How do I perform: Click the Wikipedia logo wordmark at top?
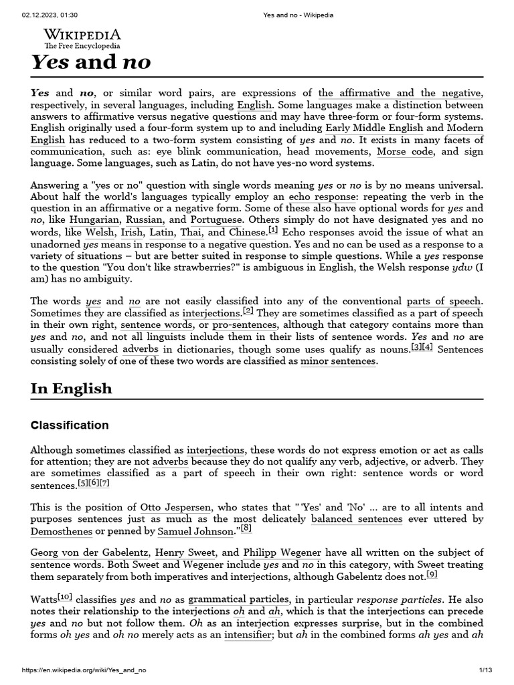point(82,35)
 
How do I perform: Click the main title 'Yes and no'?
point(90,62)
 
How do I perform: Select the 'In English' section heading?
point(72,389)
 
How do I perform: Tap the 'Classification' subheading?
point(70,425)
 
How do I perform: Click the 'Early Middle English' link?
point(374,128)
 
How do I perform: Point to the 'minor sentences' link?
point(338,361)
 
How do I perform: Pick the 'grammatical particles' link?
point(239,599)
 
